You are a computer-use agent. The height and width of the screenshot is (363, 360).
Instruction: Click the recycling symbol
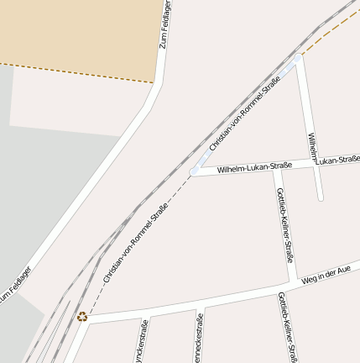coord(82,317)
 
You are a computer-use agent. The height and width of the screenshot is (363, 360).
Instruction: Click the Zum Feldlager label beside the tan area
coord(164,24)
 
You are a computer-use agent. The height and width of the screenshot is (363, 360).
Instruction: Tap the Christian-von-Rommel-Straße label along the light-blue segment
coord(244,113)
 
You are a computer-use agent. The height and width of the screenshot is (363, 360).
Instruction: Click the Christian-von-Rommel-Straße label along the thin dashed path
coord(135,242)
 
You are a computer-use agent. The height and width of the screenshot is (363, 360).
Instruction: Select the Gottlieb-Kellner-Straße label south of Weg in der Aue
coord(286,328)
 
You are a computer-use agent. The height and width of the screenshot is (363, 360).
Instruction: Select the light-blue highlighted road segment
coord(245,117)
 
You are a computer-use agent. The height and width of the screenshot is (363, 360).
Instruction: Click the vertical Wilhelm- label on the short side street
coord(312,147)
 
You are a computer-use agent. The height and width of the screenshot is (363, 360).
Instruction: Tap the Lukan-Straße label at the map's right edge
coord(339,158)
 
